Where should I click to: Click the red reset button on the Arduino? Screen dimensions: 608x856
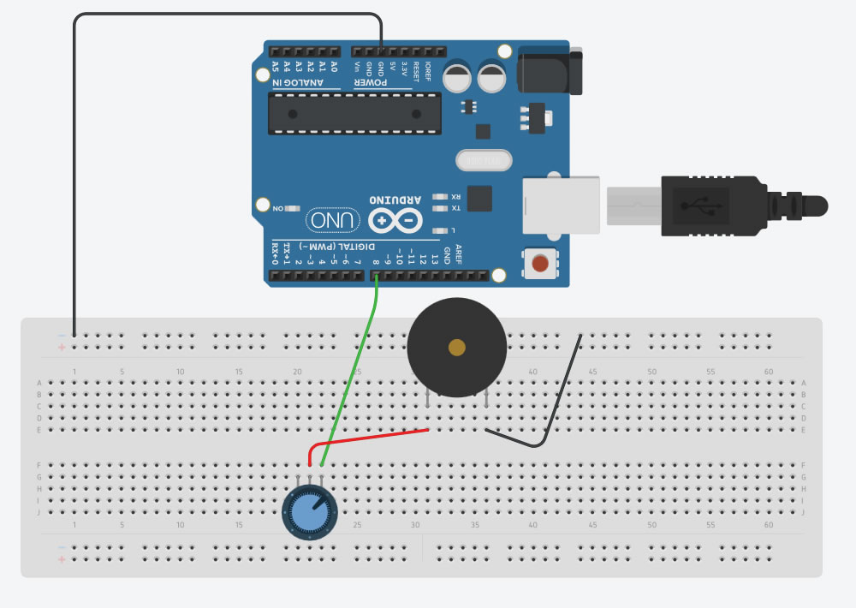540,264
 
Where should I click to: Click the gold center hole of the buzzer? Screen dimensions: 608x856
457,347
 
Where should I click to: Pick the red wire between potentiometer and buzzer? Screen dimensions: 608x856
377,438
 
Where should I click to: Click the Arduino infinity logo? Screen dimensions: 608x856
395,221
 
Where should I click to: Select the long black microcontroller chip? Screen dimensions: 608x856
354,114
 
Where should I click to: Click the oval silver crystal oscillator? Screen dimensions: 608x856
484,160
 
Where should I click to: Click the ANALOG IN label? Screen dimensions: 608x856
298,84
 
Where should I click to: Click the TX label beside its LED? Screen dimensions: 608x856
456,208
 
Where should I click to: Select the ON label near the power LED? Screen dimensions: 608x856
277,208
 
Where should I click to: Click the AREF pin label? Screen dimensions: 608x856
458,253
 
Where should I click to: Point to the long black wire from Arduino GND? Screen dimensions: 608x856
75,171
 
